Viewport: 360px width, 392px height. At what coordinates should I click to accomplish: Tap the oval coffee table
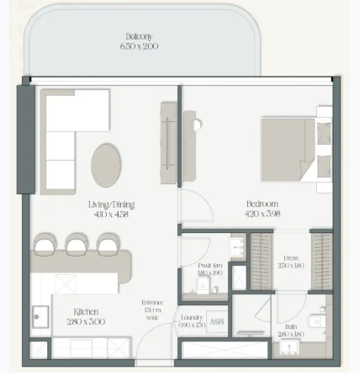tap(105, 164)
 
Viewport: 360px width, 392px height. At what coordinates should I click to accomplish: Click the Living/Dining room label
tap(112, 204)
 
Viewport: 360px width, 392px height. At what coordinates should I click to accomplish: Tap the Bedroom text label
tap(262, 204)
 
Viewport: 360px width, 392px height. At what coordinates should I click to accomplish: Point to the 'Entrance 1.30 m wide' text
tap(152, 310)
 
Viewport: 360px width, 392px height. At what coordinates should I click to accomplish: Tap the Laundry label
tap(192, 317)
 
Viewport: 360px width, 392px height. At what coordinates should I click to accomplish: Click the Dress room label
tap(291, 259)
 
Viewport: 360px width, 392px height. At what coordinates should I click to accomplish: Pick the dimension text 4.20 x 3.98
tap(262, 214)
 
